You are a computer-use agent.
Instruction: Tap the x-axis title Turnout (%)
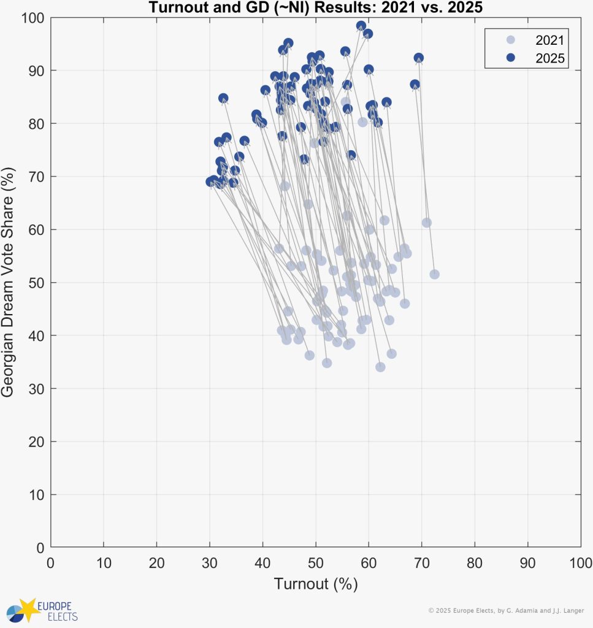[315, 584]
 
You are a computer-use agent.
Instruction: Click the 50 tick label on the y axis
[37, 283]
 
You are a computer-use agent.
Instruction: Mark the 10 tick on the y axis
[37, 494]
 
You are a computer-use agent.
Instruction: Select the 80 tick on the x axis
[475, 562]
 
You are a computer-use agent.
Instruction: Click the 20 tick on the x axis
[156, 562]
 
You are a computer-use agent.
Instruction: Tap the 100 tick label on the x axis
[580, 562]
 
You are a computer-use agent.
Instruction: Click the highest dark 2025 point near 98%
[361, 26]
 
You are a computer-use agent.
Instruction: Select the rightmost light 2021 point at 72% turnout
[434, 274]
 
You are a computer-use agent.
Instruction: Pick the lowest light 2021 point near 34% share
[380, 367]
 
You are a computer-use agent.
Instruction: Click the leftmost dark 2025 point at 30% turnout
[210, 182]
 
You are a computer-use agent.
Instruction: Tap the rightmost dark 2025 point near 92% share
[419, 58]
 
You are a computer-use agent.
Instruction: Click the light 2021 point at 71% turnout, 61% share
[427, 223]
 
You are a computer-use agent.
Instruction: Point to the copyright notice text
[505, 610]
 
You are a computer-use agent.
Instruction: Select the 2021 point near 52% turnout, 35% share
[327, 363]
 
